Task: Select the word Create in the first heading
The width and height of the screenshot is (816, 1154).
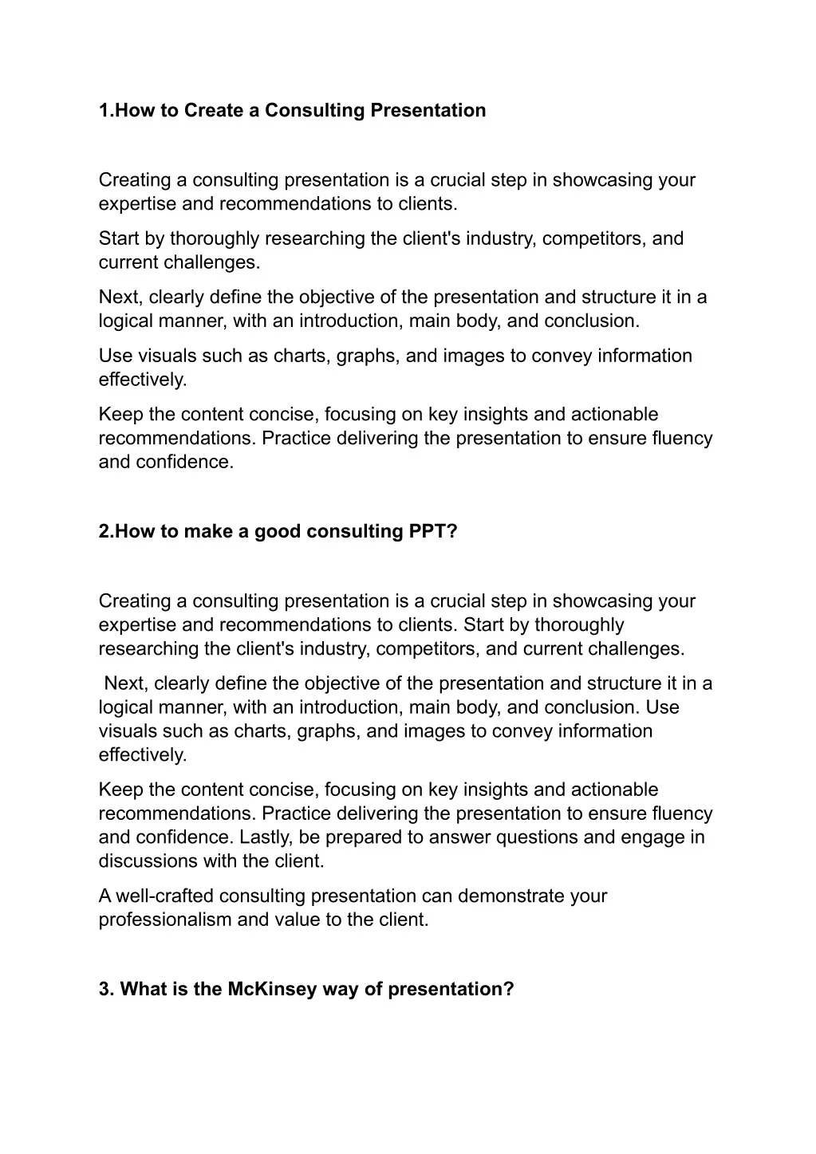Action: tap(213, 111)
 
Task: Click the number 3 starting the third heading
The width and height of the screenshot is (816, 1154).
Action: tap(104, 990)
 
